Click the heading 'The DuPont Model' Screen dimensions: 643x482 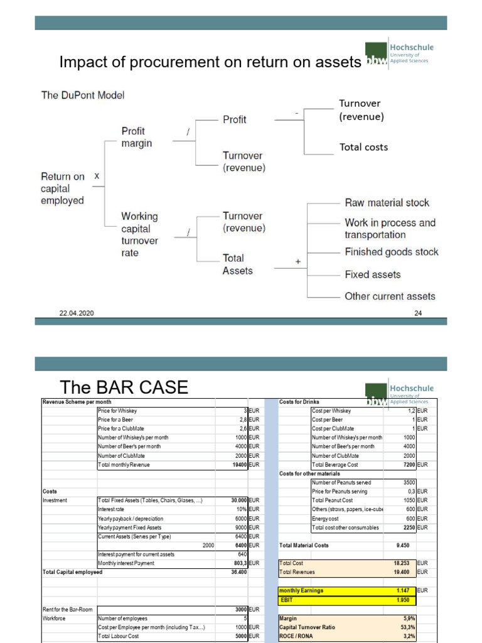click(83, 95)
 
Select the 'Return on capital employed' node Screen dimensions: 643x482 click(62, 188)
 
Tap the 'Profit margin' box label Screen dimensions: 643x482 click(137, 137)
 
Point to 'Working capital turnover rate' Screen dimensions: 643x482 click(140, 234)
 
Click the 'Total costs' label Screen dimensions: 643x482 click(363, 147)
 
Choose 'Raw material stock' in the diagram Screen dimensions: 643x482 click(387, 203)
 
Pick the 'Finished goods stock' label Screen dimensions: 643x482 click(391, 252)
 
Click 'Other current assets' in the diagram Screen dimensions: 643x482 click(390, 296)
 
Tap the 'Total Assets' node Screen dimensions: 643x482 click(238, 264)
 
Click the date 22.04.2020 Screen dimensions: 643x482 click(77, 313)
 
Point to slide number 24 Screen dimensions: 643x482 click(418, 313)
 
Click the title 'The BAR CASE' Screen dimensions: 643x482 click(124, 387)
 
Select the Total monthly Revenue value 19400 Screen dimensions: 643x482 click(237, 465)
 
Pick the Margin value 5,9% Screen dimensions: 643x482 click(407, 619)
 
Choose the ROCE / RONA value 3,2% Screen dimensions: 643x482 click(407, 636)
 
